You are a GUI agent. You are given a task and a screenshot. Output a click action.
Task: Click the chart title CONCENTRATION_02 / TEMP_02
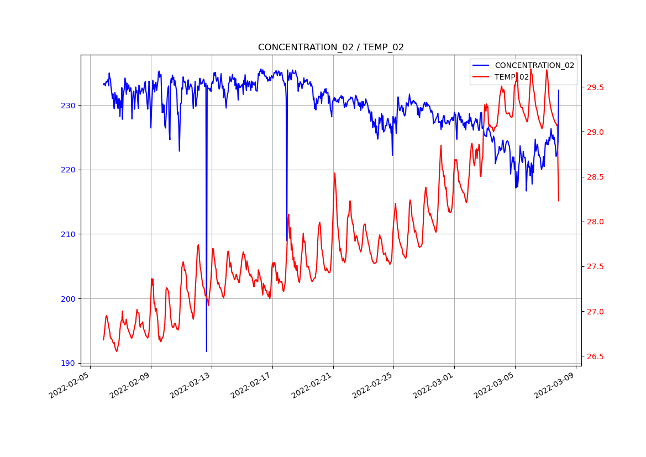pyautogui.click(x=330, y=48)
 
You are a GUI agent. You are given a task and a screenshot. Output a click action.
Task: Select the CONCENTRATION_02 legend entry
pyautogui.click(x=534, y=65)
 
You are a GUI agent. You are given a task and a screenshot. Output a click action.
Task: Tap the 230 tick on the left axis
pyautogui.click(x=69, y=106)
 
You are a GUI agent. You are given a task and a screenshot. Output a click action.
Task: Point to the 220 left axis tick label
pyautogui.click(x=69, y=170)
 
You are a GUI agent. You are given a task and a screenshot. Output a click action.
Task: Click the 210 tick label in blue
pyautogui.click(x=69, y=234)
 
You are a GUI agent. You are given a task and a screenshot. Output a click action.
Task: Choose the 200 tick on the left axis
pyautogui.click(x=69, y=299)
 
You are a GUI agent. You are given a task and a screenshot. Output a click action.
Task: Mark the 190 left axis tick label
pyautogui.click(x=69, y=363)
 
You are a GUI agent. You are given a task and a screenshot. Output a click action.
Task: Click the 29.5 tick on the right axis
pyautogui.click(x=595, y=88)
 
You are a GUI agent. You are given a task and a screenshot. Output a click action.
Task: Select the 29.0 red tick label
pyautogui.click(x=595, y=133)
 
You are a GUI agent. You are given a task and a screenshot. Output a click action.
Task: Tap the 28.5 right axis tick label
pyautogui.click(x=595, y=177)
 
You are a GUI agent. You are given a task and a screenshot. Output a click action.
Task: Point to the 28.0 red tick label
pyautogui.click(x=595, y=222)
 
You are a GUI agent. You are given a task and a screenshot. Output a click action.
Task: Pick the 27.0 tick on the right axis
pyautogui.click(x=595, y=312)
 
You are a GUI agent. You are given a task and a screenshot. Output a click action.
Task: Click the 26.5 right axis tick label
pyautogui.click(x=595, y=356)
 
